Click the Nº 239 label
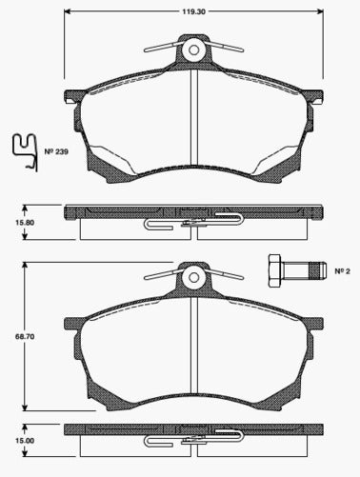tap(55, 151)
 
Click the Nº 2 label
tap(340, 270)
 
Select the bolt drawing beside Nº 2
tap(291, 270)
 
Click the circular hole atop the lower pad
tap(194, 277)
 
